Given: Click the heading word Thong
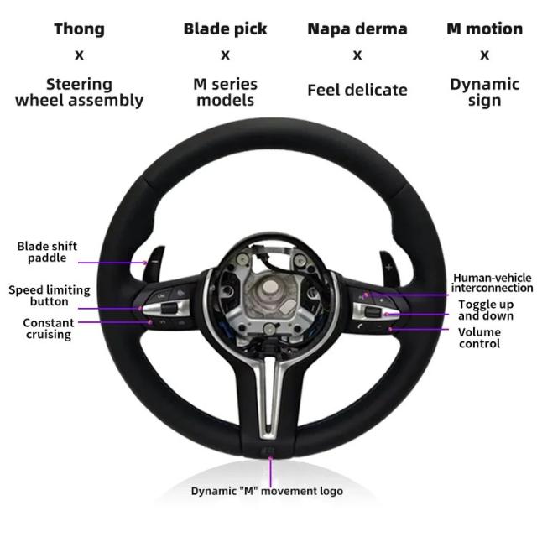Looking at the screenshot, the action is (79, 29).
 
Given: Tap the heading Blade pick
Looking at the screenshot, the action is (225, 29).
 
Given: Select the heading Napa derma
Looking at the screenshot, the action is (357, 29).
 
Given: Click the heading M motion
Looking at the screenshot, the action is (485, 29).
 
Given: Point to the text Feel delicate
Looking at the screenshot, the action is (357, 90).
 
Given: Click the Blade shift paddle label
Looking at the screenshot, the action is (47, 252).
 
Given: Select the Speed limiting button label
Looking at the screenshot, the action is (50, 295).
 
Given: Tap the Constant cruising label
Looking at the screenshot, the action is (49, 328).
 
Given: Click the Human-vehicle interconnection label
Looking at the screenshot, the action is (493, 283).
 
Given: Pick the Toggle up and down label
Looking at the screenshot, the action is (486, 310).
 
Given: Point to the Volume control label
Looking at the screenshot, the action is (479, 337).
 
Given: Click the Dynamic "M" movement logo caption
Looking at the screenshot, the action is (267, 491).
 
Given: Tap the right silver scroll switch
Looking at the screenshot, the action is (376, 311).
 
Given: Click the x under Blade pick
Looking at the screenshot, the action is (225, 55).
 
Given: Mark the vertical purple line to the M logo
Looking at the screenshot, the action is (270, 472).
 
